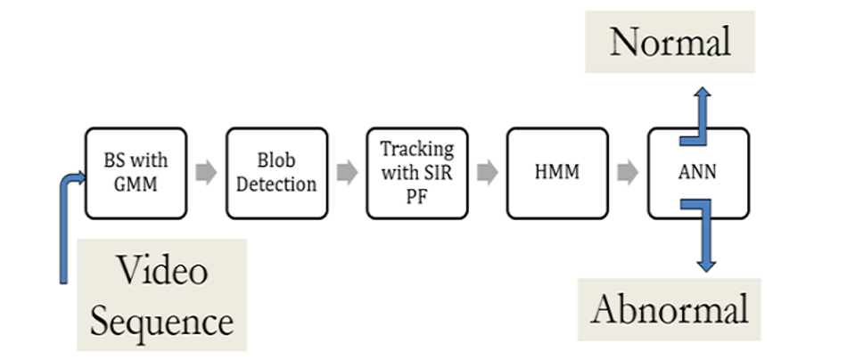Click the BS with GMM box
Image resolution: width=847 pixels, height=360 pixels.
[136, 173]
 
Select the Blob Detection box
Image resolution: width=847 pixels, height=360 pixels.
[276, 173]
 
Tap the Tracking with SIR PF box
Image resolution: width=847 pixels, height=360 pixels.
[417, 173]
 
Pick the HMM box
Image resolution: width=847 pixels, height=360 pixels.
[557, 173]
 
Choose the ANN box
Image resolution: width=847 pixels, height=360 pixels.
[697, 173]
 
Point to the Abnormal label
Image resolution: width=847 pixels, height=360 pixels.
[669, 309]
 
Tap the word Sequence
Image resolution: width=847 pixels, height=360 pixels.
[161, 320]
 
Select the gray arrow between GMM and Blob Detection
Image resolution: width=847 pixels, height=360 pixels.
[206, 173]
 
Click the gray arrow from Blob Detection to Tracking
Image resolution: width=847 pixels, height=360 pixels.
[347, 173]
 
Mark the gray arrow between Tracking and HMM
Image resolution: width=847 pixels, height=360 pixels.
[487, 173]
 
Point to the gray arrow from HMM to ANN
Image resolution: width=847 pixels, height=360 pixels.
[628, 173]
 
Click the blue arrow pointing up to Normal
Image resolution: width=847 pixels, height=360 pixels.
[703, 111]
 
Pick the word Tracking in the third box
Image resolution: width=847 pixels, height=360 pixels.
[417, 149]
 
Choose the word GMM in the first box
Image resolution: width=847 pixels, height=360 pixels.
[136, 184]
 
